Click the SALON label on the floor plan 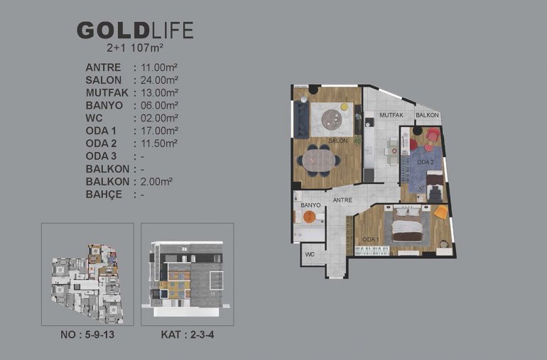(x=337, y=141)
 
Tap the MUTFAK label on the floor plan (x=391, y=115)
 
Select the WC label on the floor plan (x=310, y=254)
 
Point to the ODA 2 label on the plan (x=426, y=162)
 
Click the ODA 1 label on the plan (x=371, y=239)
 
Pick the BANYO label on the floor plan (x=310, y=205)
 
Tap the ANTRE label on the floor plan (x=342, y=200)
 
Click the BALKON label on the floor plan (x=427, y=115)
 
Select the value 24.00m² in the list (x=159, y=80)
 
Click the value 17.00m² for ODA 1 (x=159, y=131)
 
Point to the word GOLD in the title (x=114, y=31)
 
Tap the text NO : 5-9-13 (x=87, y=334)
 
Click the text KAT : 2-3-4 (x=188, y=334)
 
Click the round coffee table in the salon (x=332, y=119)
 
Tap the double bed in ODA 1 (x=407, y=224)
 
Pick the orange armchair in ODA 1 (x=441, y=212)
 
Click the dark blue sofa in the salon (x=301, y=120)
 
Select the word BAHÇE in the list (x=104, y=194)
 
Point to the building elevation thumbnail (x=188, y=274)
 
